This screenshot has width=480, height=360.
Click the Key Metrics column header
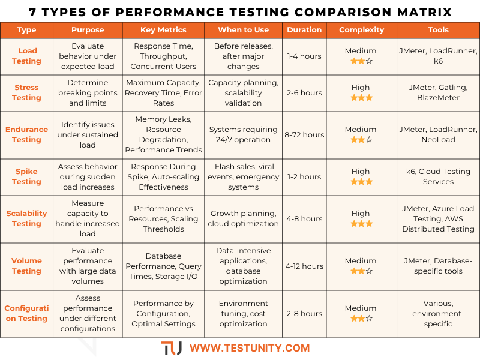(163, 30)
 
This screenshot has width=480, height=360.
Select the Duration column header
(304, 30)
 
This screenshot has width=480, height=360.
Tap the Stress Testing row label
(26, 92)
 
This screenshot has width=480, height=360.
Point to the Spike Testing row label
(26, 176)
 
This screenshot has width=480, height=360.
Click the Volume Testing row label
(26, 266)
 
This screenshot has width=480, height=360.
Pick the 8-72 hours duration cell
(304, 134)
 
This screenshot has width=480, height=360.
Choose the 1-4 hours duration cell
(304, 56)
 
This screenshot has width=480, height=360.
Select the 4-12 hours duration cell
(304, 266)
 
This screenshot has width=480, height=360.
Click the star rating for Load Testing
(361, 61)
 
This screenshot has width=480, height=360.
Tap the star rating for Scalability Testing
(361, 224)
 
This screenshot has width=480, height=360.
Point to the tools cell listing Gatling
(438, 92)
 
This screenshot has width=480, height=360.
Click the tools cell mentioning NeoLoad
(438, 134)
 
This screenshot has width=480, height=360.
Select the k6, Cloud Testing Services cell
(438, 176)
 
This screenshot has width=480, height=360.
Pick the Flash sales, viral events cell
(243, 176)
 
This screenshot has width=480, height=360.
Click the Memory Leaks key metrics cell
(163, 134)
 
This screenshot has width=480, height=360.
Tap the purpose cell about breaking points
(88, 92)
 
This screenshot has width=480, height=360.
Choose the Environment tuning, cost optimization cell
(243, 313)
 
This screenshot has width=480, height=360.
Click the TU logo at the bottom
(171, 348)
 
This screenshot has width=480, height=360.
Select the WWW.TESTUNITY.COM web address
(250, 348)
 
